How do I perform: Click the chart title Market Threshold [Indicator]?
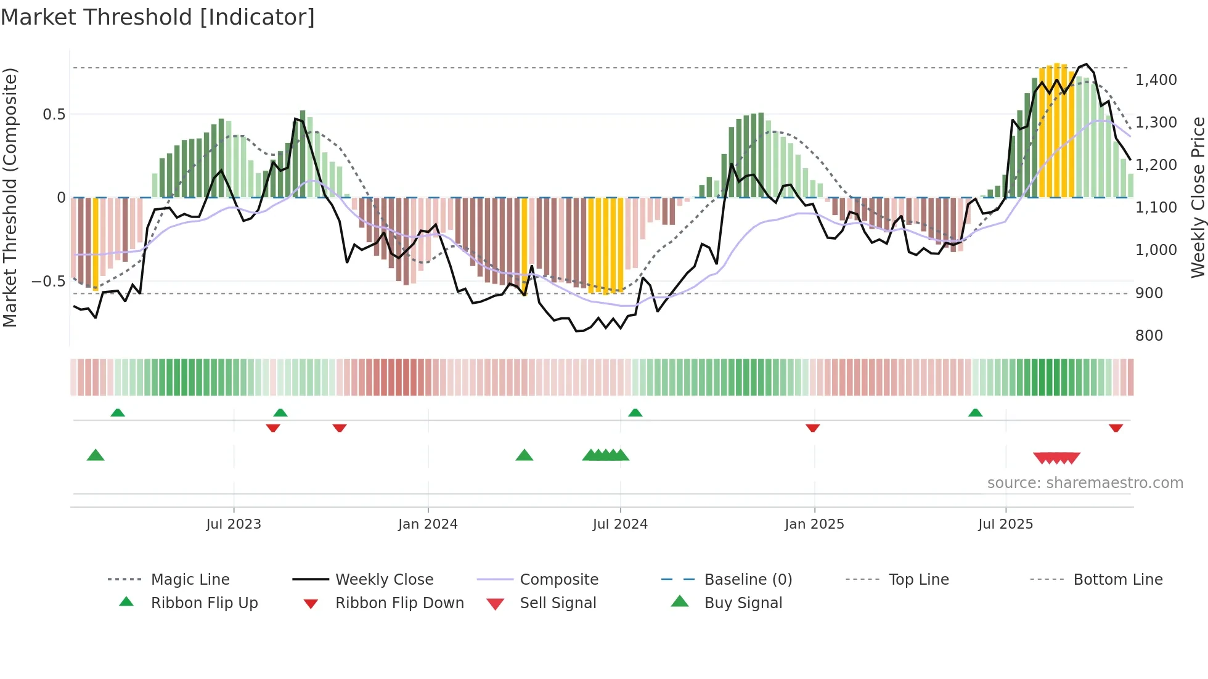click(158, 17)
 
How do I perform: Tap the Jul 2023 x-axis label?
click(234, 524)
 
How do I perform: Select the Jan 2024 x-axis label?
click(428, 524)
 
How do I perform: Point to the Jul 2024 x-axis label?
click(620, 524)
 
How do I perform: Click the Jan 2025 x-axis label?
click(814, 524)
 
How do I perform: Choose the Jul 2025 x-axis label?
click(1005, 524)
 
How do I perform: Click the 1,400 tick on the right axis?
click(1156, 80)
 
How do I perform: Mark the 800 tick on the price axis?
click(1149, 336)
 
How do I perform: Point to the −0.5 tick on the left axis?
click(48, 282)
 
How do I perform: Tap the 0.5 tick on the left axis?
click(54, 115)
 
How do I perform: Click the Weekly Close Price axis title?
click(1198, 197)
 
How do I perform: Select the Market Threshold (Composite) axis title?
click(10, 197)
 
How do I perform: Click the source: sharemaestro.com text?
click(1085, 483)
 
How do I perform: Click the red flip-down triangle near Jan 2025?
click(812, 428)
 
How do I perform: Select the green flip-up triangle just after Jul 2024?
click(635, 413)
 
